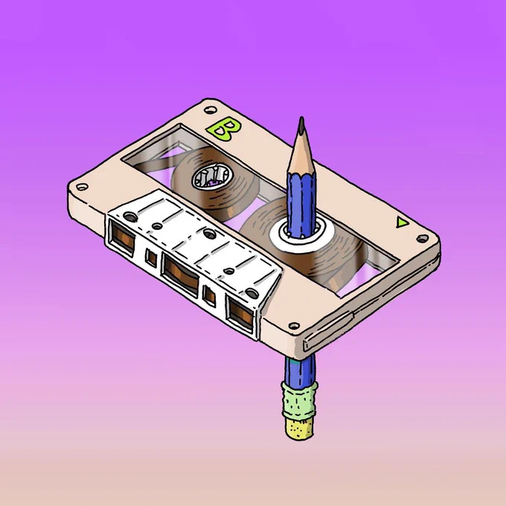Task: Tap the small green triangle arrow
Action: (x=401, y=222)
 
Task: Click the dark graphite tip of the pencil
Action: (x=301, y=125)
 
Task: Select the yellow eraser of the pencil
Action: (x=299, y=426)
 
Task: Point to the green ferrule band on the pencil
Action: (x=299, y=400)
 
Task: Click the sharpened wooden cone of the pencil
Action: (x=301, y=152)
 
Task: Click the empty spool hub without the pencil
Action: (x=212, y=178)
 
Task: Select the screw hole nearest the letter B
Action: (x=211, y=110)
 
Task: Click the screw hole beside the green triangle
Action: (x=423, y=239)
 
